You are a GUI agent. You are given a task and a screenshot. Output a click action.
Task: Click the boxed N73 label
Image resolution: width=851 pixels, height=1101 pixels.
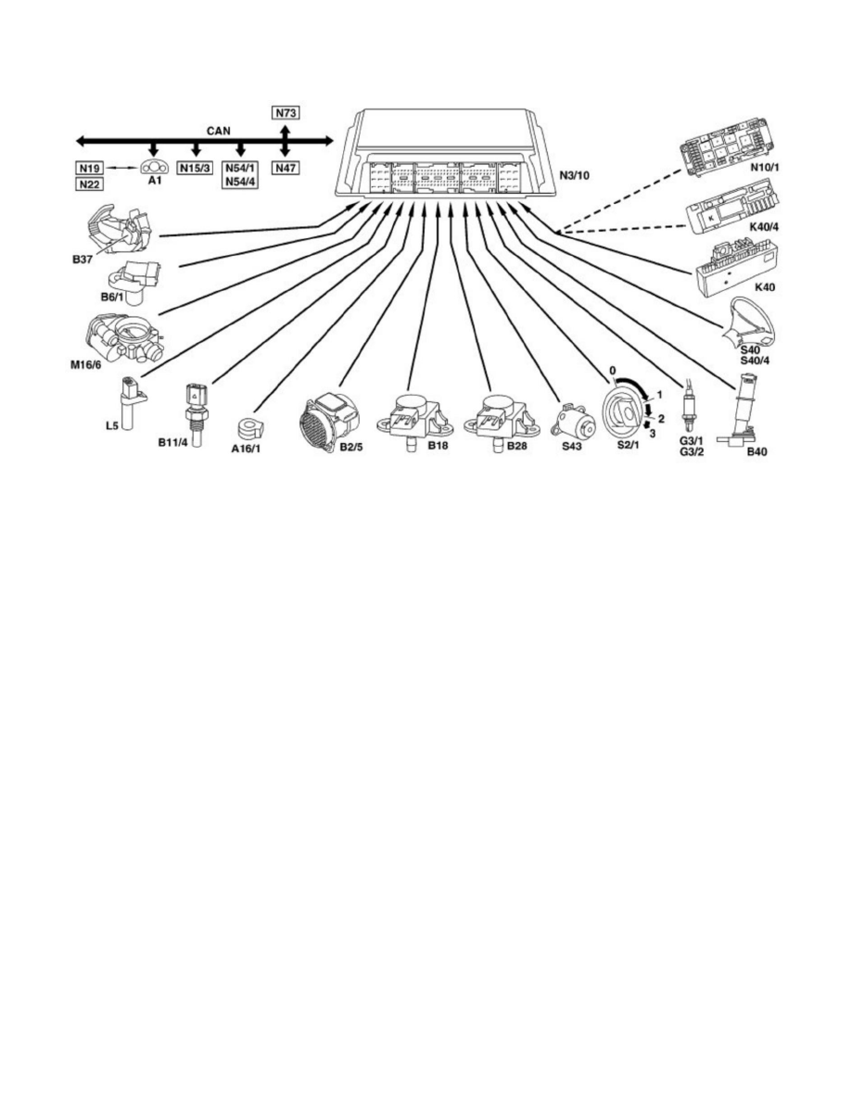click(286, 113)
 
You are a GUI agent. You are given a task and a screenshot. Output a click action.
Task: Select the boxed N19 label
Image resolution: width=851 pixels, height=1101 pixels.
click(88, 169)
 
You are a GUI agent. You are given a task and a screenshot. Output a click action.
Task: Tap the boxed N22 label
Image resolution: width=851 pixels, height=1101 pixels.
click(88, 183)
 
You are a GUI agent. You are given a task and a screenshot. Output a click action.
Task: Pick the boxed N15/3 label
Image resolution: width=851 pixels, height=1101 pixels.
click(195, 169)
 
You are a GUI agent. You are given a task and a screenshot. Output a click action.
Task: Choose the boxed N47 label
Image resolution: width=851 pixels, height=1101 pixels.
click(286, 169)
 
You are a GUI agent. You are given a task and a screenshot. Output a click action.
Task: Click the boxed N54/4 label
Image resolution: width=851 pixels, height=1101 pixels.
click(240, 183)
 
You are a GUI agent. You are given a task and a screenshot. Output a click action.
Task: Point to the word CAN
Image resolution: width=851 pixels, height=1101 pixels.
click(220, 132)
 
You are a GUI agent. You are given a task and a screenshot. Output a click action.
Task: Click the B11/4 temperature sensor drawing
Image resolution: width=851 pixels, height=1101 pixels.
click(195, 409)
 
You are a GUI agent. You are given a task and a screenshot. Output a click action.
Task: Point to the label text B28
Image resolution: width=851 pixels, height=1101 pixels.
click(517, 446)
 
